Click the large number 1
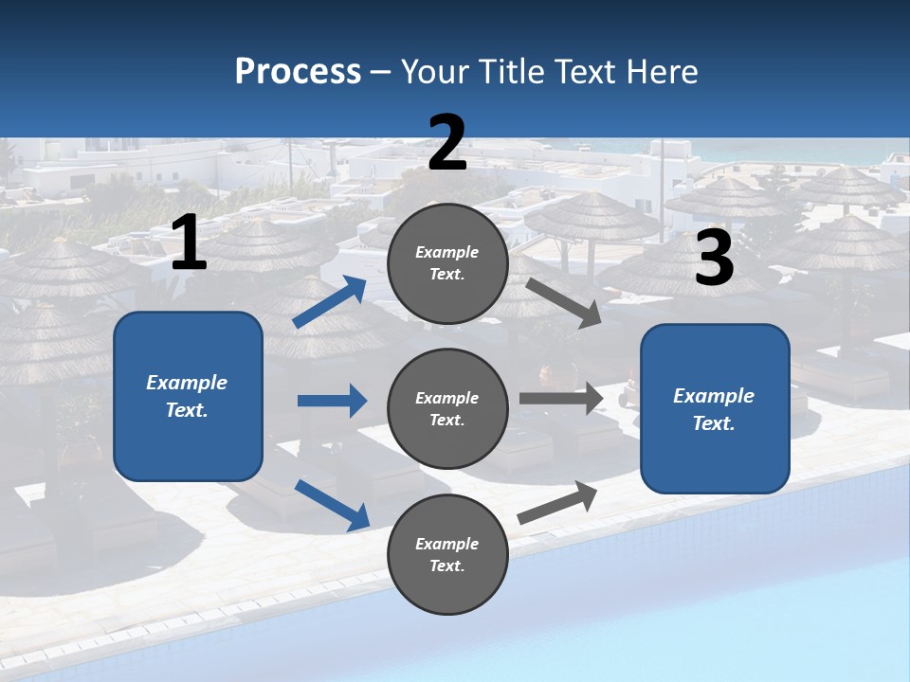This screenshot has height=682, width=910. pos(189,242)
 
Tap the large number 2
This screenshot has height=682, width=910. pos(447,142)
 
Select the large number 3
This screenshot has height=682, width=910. pos(714,259)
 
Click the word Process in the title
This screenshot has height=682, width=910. pos(298,71)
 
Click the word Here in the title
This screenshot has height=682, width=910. pos(664,71)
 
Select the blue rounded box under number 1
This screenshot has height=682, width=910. pos(188,396)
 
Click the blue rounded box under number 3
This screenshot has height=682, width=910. pos(715,409)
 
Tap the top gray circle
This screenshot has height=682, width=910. pos(447,263)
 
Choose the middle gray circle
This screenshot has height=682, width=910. pos(447,408)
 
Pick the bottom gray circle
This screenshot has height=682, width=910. pos(447,554)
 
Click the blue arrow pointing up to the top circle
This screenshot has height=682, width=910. pos(330,302)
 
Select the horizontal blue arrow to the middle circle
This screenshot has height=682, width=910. pos(332,401)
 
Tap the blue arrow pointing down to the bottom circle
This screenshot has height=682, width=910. pos(332,504)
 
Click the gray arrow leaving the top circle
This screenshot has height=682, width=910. pos(564,302)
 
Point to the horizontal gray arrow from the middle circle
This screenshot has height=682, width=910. pos(561,399)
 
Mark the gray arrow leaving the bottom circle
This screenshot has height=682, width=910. pos(557,503)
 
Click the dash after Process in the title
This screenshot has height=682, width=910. pos(381,72)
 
